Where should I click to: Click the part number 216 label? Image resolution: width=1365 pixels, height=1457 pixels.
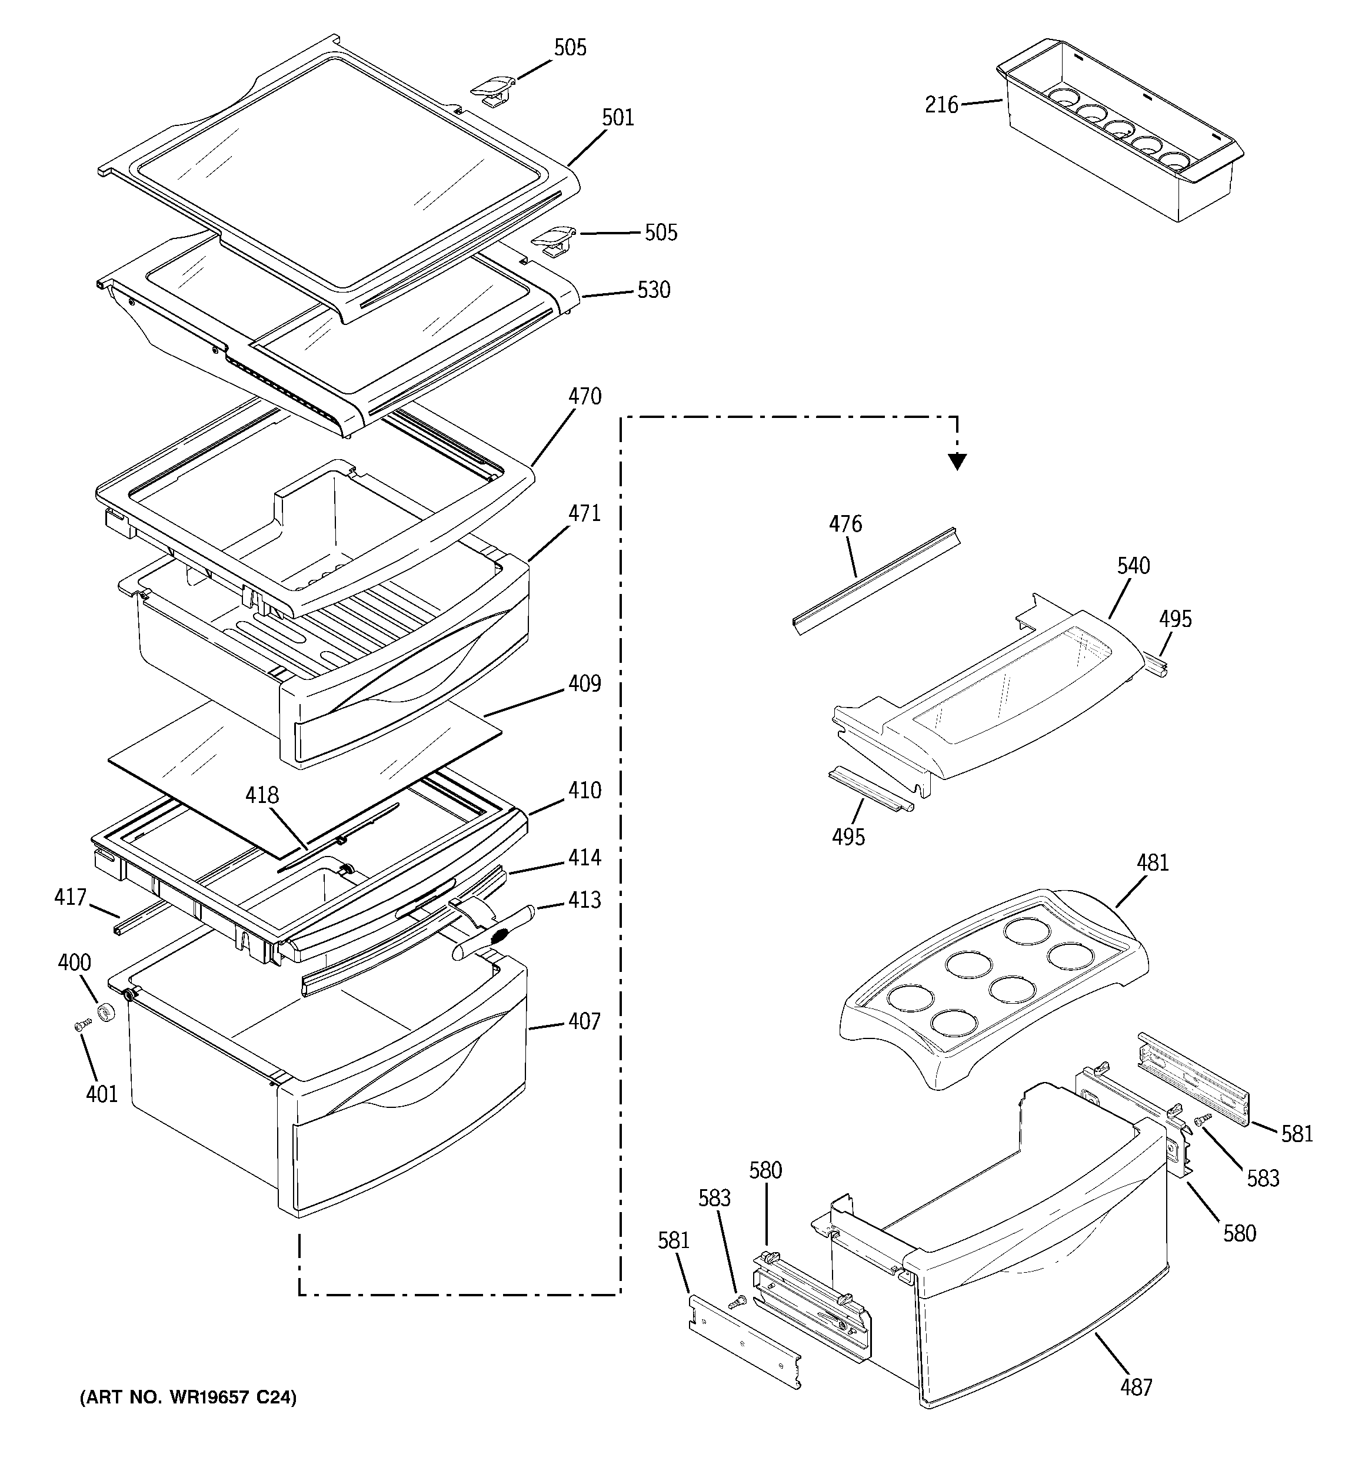941,105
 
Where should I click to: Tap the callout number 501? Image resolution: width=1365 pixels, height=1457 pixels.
618,117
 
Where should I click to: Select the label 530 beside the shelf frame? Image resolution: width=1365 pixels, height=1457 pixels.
654,290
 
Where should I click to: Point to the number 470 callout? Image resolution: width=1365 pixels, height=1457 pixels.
585,397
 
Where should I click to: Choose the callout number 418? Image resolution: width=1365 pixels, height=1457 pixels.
262,795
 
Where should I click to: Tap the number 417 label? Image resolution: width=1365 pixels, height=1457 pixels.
71,897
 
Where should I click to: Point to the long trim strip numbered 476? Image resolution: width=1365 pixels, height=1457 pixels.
875,580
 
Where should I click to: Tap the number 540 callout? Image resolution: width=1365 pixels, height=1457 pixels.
1133,566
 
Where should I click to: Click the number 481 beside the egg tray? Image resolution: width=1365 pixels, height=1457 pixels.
1153,862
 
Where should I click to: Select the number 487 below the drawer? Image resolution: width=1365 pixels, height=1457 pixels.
1136,1386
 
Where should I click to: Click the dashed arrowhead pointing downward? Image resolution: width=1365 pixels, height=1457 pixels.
957,461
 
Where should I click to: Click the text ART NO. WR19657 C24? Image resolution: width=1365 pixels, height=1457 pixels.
188,1398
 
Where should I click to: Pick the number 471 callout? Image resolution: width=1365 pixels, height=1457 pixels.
585,513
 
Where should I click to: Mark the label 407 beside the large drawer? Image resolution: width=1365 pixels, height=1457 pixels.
585,1021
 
